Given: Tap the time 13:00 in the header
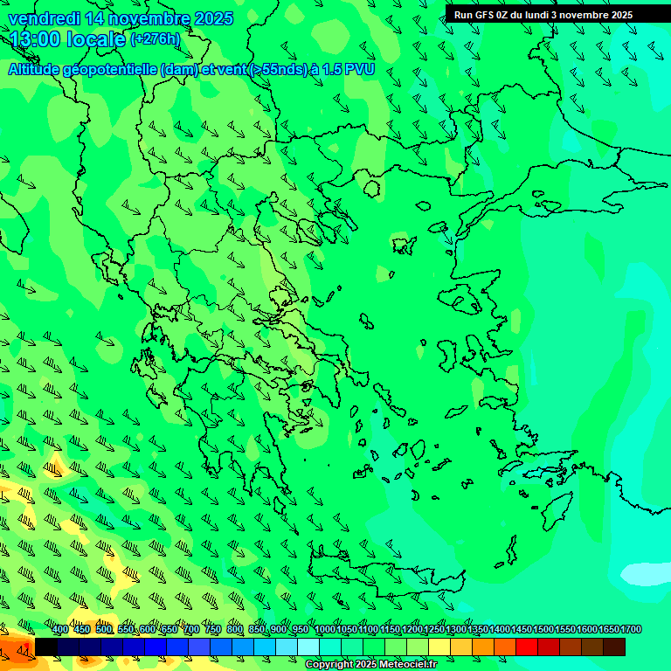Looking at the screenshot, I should click(35, 38).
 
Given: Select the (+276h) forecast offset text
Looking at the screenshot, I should click(155, 38).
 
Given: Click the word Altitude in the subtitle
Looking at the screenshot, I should click(37, 69).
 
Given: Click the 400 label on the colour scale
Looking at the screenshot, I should click(60, 630).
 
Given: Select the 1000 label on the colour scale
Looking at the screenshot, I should click(324, 630).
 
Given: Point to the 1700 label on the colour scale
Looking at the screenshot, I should click(631, 630).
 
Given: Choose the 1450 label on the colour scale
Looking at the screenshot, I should click(522, 630).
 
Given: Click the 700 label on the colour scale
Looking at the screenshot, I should click(191, 630).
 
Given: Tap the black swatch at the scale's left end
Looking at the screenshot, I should click(46, 647).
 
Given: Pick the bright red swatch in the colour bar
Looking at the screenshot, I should click(527, 647).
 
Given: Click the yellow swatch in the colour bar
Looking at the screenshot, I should click(439, 647).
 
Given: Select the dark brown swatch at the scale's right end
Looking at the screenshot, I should click(614, 647).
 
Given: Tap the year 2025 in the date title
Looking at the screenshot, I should click(213, 18).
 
